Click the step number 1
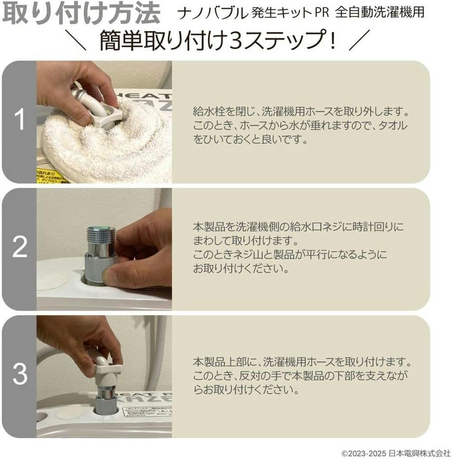19,122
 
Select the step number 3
19,374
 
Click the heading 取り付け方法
81,14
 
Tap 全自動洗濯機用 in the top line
380,13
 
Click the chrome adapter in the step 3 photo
107,397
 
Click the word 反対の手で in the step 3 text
255,376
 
